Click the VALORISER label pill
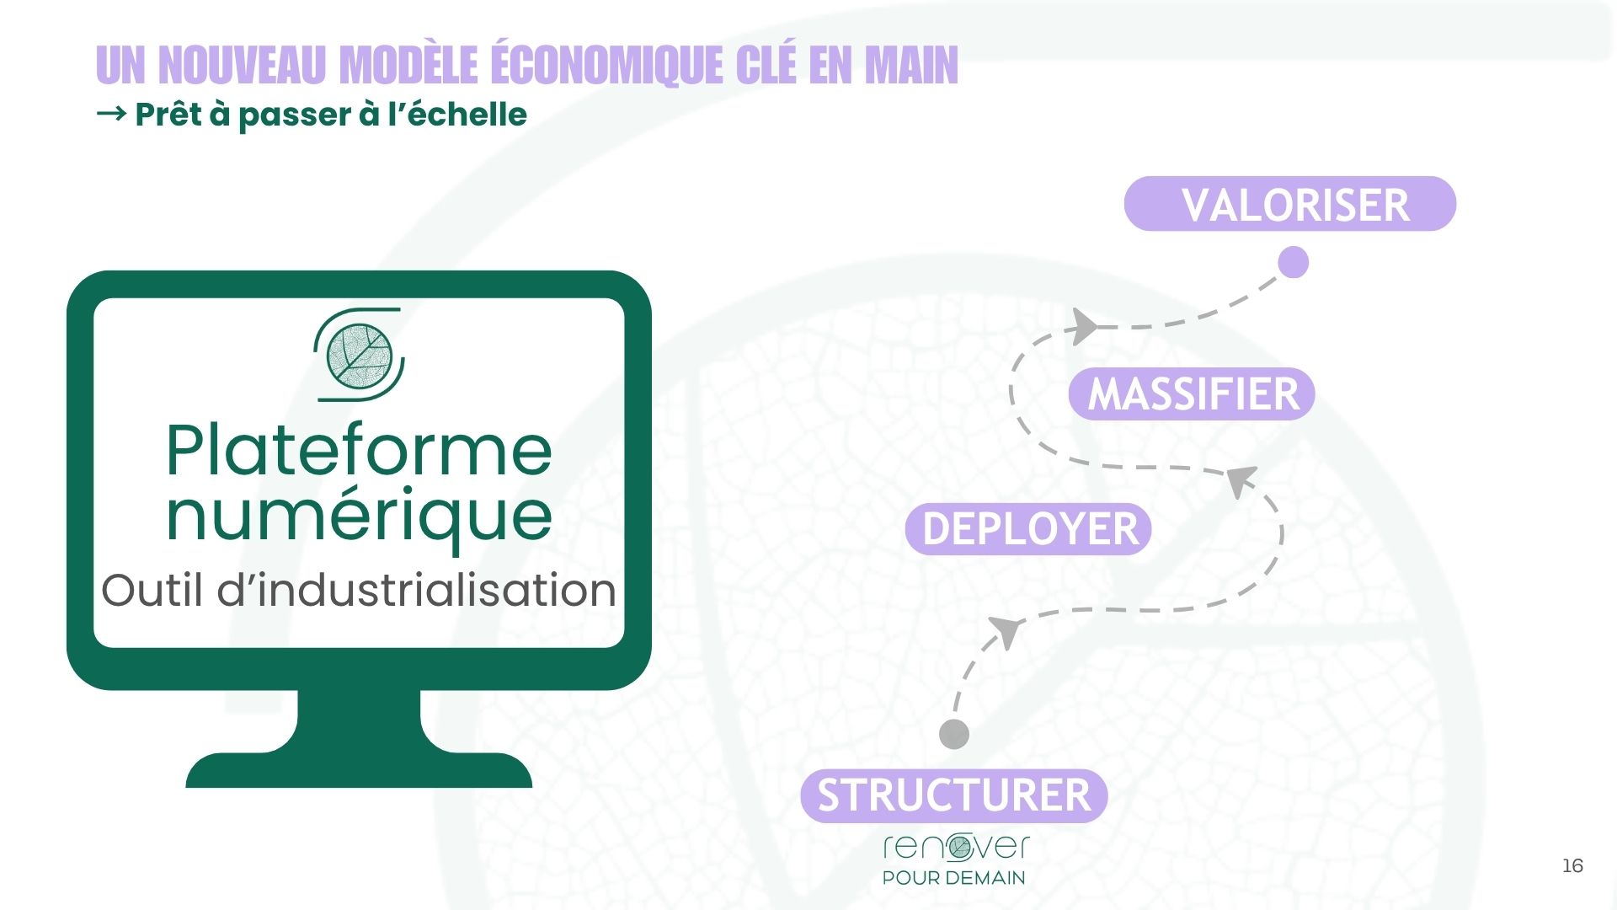click(1289, 204)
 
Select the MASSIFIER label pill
click(1192, 393)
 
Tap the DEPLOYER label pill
click(1028, 529)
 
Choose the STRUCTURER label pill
click(953, 795)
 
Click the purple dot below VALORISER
click(1293, 262)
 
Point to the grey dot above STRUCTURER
click(953, 734)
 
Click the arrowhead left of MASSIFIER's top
click(1084, 326)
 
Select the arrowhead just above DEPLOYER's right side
click(1240, 480)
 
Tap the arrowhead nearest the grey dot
click(1006, 630)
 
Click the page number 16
click(1572, 865)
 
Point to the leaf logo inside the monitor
click(360, 354)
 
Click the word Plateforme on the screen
click(359, 451)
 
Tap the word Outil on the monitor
click(152, 590)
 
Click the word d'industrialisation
click(417, 590)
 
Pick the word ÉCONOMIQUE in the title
click(606, 65)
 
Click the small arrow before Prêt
click(111, 113)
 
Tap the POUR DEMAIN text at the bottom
click(953, 878)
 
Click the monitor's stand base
click(359, 768)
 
